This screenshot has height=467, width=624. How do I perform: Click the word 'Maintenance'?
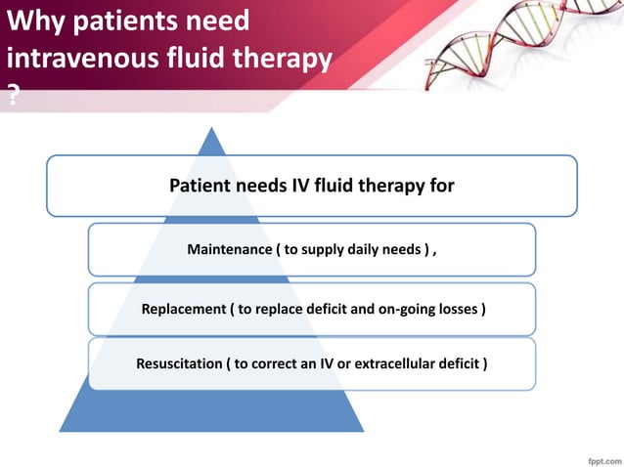229,250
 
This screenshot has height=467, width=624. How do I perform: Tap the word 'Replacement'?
183,310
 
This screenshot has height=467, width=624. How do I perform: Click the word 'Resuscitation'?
178,364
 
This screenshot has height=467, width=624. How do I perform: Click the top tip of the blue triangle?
211,127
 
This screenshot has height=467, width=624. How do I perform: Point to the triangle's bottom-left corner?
60,431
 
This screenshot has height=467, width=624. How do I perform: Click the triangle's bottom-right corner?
364,431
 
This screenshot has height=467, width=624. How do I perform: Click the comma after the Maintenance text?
434,252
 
